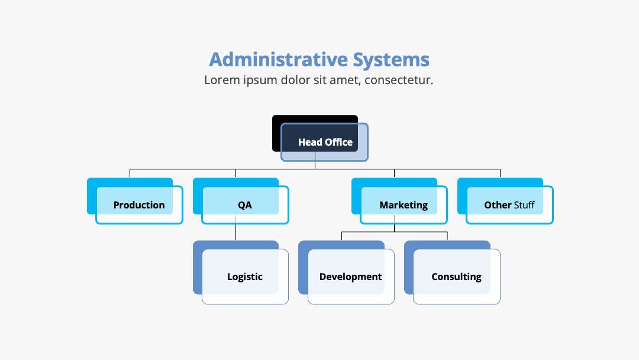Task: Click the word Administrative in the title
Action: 278,60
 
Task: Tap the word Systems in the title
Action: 391,60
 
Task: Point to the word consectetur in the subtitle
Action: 399,80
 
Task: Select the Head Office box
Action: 320,138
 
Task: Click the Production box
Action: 135,201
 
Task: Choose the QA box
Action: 241,201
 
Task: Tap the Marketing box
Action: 399,201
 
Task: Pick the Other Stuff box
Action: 505,201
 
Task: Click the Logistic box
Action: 241,272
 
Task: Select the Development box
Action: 346,272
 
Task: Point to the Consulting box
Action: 453,272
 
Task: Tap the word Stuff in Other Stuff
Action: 524,205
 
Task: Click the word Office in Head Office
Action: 338,142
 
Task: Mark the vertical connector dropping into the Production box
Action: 130,173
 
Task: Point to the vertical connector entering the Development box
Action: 341,236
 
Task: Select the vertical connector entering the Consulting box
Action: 447,236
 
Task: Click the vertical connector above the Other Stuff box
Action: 500,173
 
